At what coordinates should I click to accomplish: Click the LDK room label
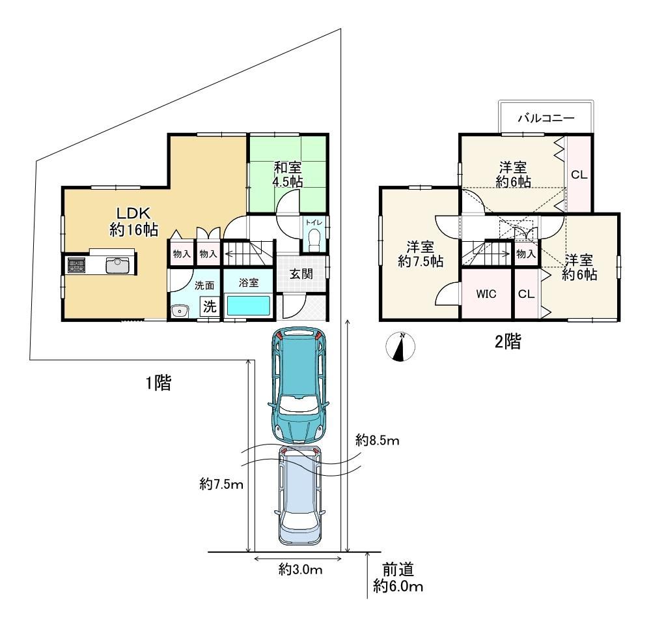click(133, 221)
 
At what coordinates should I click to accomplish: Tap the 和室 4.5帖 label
click(287, 175)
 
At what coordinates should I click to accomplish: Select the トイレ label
click(314, 223)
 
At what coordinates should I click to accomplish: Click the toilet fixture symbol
click(314, 241)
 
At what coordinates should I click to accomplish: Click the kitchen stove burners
click(76, 265)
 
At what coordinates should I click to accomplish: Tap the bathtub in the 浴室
click(248, 306)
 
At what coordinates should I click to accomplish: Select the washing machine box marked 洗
click(210, 307)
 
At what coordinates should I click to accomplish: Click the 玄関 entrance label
click(301, 274)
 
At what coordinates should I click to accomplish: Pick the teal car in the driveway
click(299, 385)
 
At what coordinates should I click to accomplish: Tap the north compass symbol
click(400, 346)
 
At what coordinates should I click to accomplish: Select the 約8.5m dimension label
click(377, 440)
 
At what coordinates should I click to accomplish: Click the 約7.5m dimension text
click(221, 484)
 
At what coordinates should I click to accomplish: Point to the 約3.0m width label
click(300, 569)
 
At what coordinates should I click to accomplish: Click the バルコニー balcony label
click(546, 118)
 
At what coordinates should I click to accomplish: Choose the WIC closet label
click(486, 294)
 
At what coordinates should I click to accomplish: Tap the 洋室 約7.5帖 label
click(421, 254)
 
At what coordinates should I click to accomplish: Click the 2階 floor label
click(508, 342)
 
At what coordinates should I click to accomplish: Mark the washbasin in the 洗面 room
click(180, 311)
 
